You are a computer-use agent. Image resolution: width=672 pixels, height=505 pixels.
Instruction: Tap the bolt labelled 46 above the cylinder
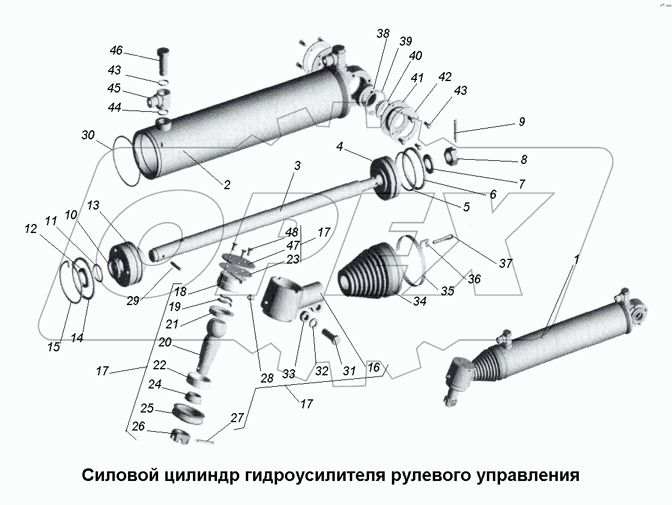(x=164, y=59)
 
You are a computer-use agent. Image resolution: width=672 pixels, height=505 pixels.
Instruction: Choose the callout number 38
(x=383, y=34)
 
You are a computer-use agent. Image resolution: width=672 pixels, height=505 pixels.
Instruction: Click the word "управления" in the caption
(x=528, y=476)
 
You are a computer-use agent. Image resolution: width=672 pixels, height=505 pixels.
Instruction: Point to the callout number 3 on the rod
(x=297, y=165)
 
